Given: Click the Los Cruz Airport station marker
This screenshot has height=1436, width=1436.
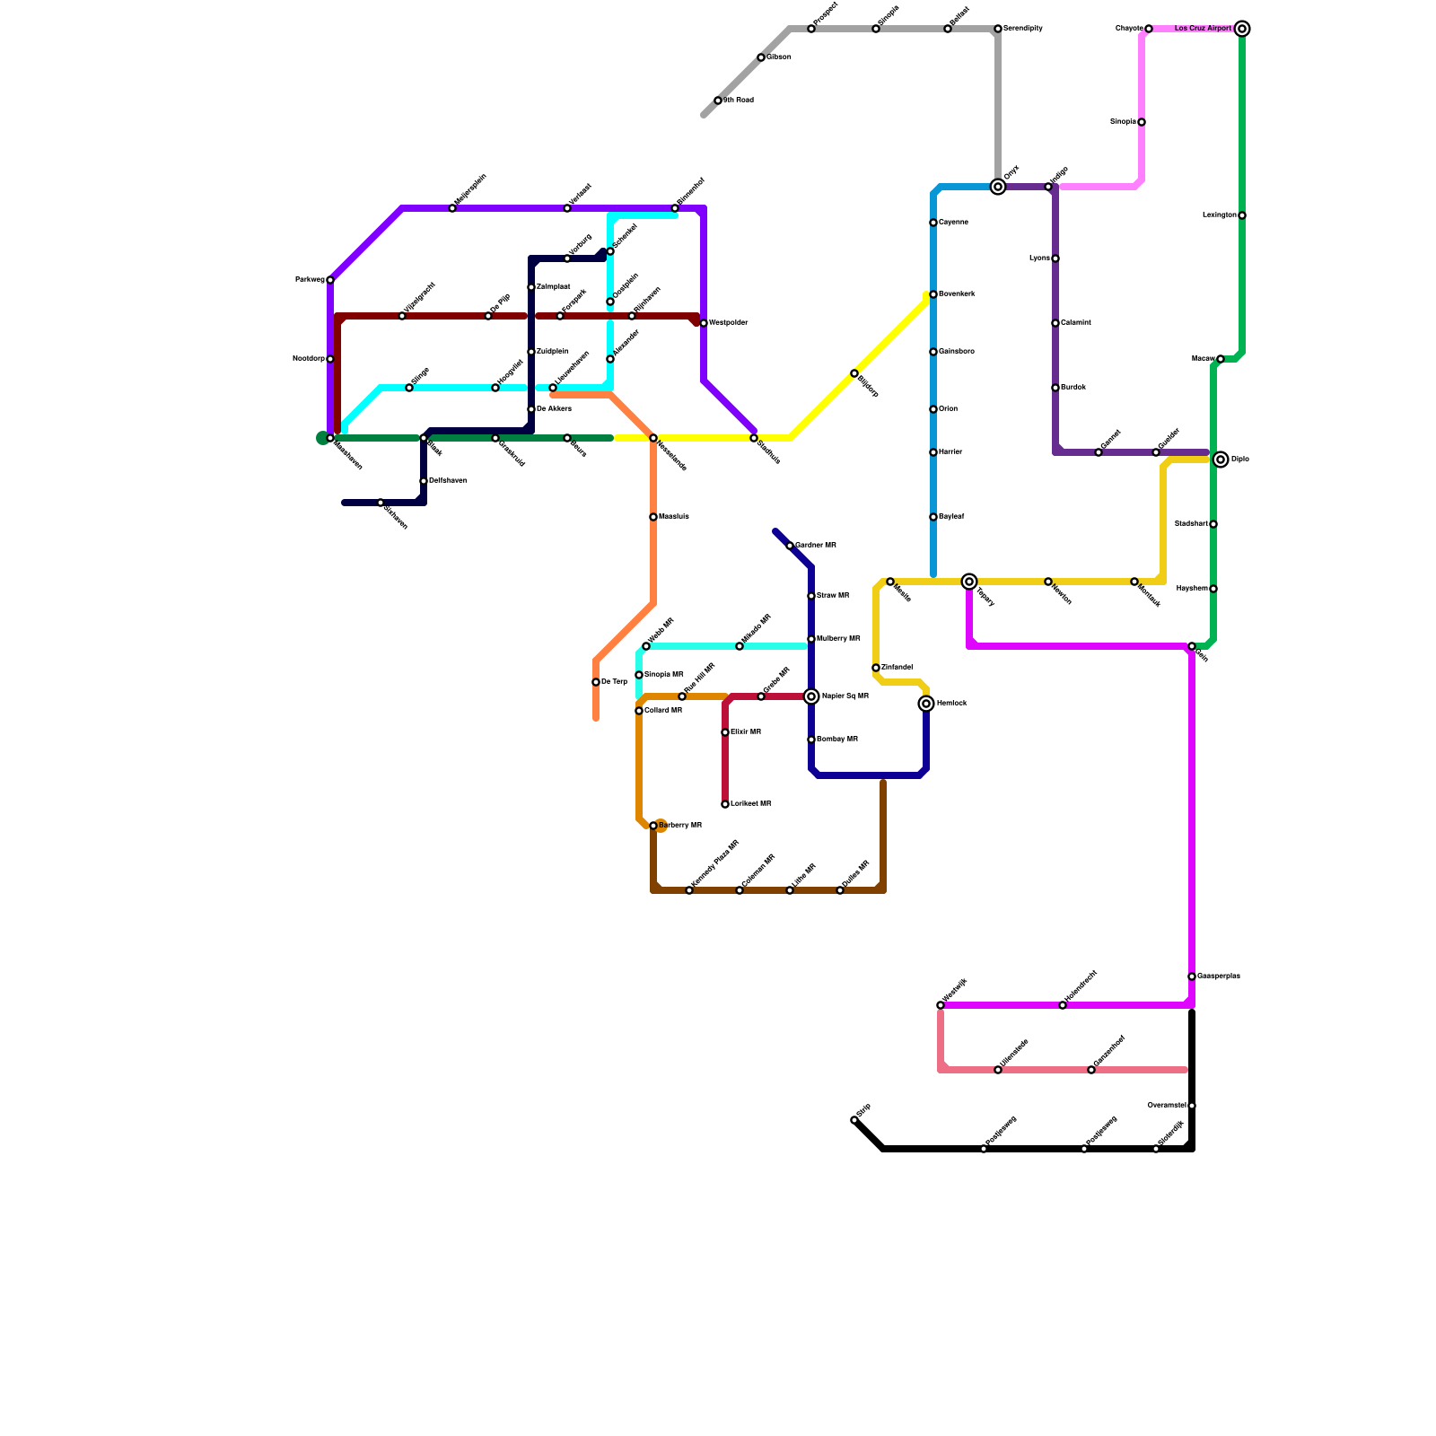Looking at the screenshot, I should [1242, 29].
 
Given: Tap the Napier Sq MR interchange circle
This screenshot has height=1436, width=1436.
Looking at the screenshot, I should [811, 696].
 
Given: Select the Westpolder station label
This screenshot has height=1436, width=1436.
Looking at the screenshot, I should [728, 323].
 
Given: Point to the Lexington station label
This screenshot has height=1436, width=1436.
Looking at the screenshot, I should [1219, 215].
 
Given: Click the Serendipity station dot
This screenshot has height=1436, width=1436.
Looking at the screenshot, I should [998, 29].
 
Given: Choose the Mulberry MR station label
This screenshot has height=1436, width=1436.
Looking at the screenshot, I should [838, 639].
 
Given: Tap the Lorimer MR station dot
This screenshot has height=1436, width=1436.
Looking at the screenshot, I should [725, 804].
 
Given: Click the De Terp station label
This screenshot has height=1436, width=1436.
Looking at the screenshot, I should [614, 682].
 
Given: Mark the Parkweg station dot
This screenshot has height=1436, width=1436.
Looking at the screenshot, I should [330, 280].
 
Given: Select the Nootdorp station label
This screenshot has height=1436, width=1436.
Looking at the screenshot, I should [309, 359].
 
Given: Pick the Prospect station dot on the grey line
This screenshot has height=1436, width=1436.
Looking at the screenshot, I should [811, 29].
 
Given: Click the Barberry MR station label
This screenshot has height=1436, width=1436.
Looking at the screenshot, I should [680, 826].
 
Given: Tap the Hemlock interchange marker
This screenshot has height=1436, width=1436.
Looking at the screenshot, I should [926, 704].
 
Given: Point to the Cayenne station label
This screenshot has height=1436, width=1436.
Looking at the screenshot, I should [953, 223].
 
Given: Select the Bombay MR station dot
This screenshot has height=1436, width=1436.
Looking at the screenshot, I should [811, 740].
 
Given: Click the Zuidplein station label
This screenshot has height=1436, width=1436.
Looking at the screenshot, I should [553, 352].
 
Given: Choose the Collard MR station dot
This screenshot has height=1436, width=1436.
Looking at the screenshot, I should [639, 711].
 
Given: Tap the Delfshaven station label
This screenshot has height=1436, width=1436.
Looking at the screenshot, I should [447, 481].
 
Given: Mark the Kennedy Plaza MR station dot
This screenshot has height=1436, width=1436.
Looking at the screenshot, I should [689, 890].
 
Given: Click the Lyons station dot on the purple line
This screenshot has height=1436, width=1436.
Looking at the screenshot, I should [1055, 258].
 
